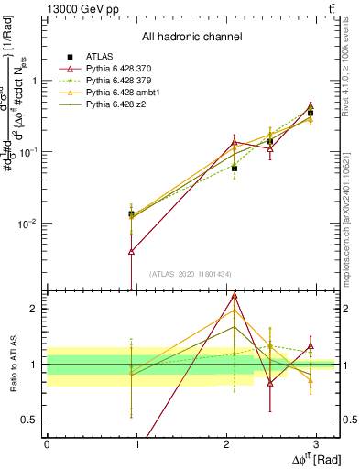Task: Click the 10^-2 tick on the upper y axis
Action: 28,223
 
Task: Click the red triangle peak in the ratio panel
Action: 235,295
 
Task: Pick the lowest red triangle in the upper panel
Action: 132,250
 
